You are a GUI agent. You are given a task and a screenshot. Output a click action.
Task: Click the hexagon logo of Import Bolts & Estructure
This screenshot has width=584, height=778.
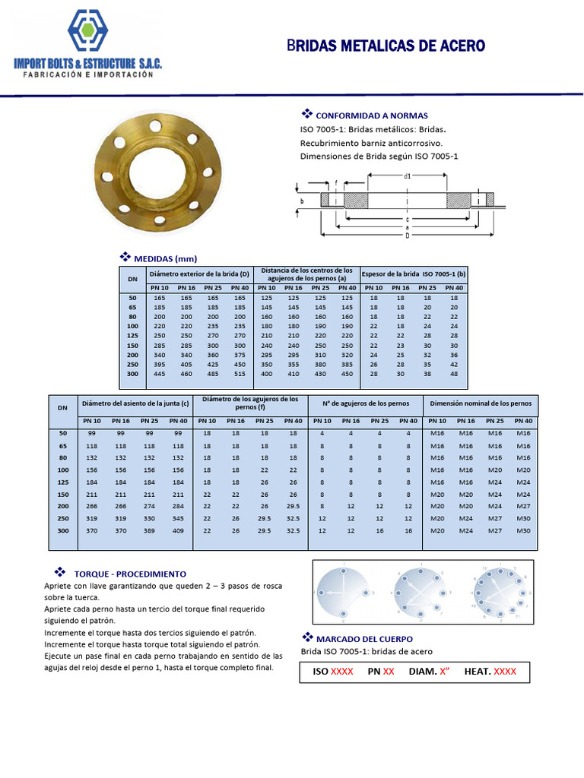click(x=87, y=32)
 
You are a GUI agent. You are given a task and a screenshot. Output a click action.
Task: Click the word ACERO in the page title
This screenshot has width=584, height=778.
click(x=457, y=46)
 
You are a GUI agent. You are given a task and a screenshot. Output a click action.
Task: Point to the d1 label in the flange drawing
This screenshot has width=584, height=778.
click(x=408, y=176)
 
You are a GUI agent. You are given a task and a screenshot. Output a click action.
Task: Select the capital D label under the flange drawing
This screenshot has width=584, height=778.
click(x=408, y=235)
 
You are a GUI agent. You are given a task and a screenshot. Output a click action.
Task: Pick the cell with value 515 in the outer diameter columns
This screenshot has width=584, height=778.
click(x=240, y=375)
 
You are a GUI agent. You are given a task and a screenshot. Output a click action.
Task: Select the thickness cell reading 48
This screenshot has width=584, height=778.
click(x=454, y=375)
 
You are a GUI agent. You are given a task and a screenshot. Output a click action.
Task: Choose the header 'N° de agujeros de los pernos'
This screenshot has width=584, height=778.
click(x=365, y=403)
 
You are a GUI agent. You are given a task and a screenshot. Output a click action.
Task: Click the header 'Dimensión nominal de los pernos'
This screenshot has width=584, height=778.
click(x=480, y=403)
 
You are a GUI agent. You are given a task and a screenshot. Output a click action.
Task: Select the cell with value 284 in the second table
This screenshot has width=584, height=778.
click(x=178, y=505)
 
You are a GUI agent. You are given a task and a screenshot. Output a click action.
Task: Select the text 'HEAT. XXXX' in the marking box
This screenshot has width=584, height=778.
click(x=490, y=672)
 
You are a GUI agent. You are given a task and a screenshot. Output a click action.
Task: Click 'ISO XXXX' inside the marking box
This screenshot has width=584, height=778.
click(x=333, y=672)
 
